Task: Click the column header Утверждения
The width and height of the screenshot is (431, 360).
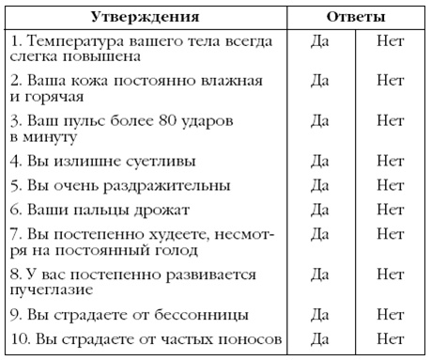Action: point(146,17)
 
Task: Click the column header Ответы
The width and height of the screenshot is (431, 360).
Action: point(354,17)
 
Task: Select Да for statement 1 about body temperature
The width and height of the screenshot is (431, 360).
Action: point(319,42)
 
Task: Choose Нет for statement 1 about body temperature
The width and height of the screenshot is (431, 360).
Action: point(390,42)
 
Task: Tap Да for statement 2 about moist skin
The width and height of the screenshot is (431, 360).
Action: point(319,82)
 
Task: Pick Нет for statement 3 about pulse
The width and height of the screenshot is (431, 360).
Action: point(390,121)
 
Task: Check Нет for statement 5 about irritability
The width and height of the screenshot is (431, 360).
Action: point(390,184)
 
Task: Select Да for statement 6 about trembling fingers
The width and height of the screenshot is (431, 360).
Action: point(319,209)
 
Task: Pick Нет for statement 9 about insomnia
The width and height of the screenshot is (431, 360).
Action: point(390,313)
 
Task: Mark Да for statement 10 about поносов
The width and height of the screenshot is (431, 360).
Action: point(319,338)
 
